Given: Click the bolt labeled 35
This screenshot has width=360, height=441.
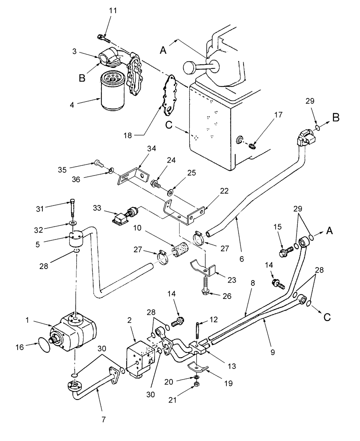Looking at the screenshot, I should click(x=98, y=164).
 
